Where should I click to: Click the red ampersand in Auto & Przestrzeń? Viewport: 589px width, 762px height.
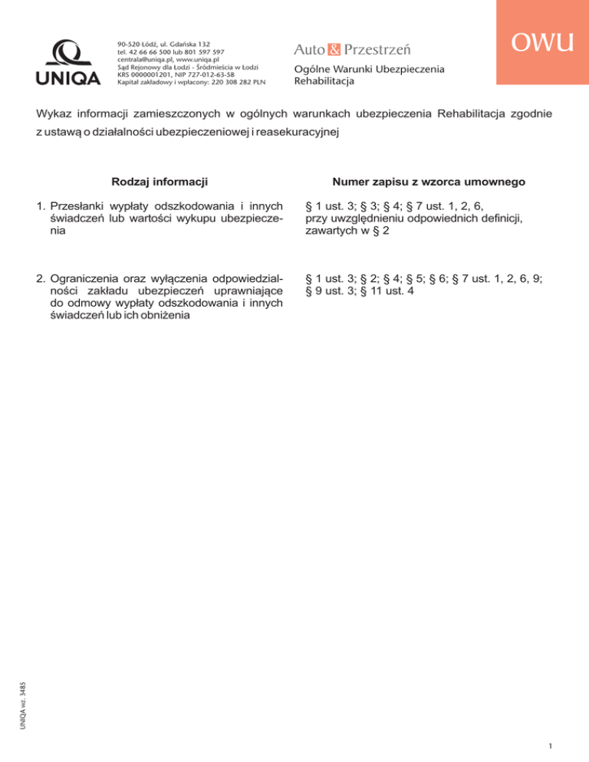332,49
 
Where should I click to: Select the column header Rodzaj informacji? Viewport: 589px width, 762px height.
160,182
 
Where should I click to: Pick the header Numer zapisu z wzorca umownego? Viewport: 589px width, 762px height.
429,182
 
